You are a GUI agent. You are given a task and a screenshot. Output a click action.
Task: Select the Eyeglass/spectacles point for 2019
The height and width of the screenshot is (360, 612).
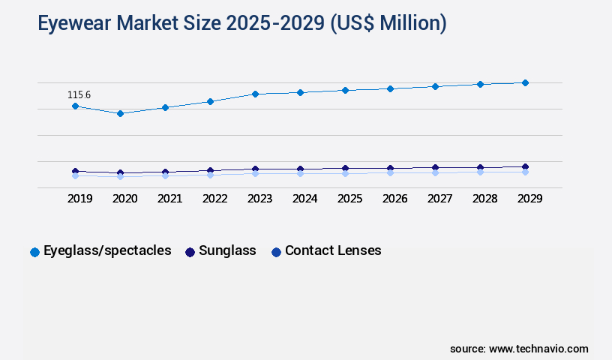tap(75, 106)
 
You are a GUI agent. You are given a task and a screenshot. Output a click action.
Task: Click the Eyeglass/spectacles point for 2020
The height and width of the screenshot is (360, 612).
tap(120, 113)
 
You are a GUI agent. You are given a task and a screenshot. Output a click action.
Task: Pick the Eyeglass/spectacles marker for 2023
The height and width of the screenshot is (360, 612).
tap(255, 94)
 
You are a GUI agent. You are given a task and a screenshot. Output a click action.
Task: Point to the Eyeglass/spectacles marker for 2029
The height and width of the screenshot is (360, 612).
tap(525, 82)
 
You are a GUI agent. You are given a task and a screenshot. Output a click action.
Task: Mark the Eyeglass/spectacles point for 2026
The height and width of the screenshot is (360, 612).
tap(390, 88)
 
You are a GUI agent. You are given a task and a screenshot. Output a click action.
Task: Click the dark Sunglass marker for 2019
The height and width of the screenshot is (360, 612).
tap(75, 171)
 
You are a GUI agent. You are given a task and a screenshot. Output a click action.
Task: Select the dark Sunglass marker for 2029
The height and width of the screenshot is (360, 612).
tap(525, 166)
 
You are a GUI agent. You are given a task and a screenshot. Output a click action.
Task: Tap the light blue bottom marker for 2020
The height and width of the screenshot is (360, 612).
tap(120, 176)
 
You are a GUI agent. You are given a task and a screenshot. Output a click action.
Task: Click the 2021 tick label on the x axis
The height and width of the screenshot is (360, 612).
tap(169, 199)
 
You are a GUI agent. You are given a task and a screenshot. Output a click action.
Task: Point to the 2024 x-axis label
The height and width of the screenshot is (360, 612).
tap(304, 199)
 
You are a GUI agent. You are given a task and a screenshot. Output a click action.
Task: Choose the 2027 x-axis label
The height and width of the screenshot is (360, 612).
tap(439, 199)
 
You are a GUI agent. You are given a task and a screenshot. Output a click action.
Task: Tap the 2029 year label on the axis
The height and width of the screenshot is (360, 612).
tap(529, 199)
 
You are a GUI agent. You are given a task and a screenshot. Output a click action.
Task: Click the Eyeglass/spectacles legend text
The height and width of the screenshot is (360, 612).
tap(107, 250)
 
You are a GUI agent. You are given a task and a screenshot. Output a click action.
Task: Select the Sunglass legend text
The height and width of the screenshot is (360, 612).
tap(227, 250)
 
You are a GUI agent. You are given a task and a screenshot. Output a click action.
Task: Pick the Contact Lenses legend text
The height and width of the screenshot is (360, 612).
tap(333, 250)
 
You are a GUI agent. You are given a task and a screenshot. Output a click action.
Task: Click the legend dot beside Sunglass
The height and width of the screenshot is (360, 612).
tap(190, 252)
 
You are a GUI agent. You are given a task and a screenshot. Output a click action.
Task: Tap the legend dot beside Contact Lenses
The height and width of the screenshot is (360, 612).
tap(276, 252)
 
